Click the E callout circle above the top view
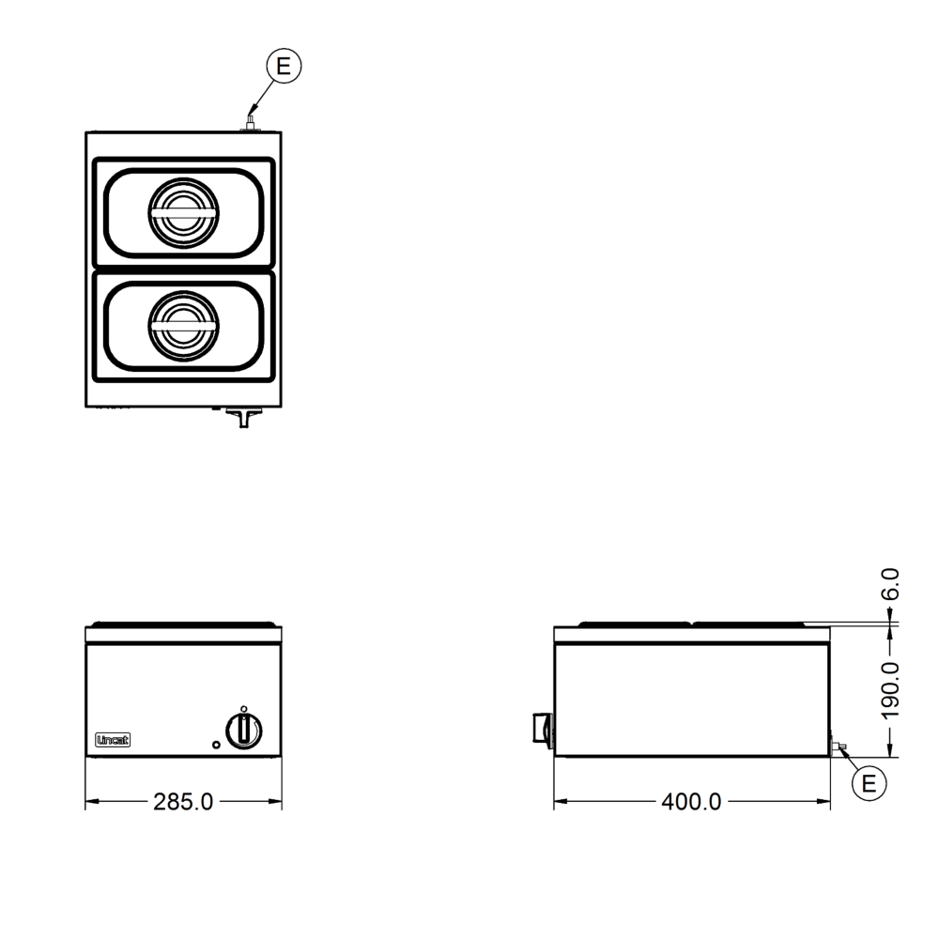pyautogui.click(x=284, y=66)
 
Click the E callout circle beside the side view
pyautogui.click(x=869, y=783)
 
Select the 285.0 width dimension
pyautogui.click(x=183, y=802)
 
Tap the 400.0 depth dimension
pyautogui.click(x=692, y=802)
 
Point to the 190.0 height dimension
pyautogui.click(x=890, y=690)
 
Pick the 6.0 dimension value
pyautogui.click(x=890, y=584)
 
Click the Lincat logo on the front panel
pyautogui.click(x=113, y=740)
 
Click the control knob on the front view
pyautogui.click(x=244, y=731)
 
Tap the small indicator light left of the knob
pyautogui.click(x=216, y=745)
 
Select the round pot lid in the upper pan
pyautogui.click(x=183, y=213)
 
